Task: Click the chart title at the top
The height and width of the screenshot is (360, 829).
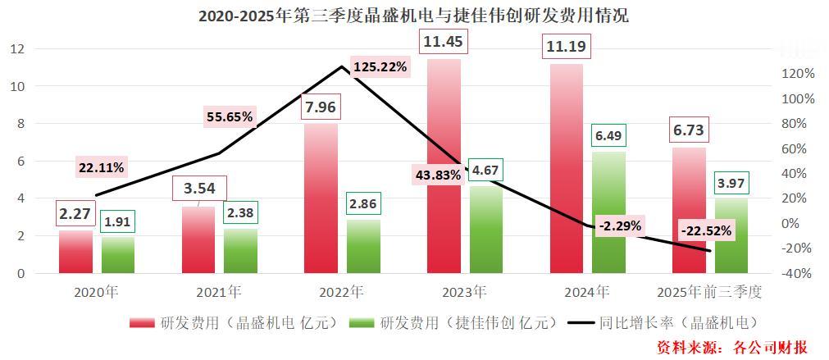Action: pyautogui.click(x=413, y=16)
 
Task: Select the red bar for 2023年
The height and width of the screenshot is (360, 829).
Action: pyautogui.click(x=444, y=164)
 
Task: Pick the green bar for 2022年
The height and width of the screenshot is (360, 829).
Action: pyautogui.click(x=362, y=246)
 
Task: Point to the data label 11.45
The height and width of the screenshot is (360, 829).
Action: pyautogui.click(x=444, y=40)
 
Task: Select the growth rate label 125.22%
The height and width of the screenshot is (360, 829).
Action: pyautogui.click(x=380, y=66)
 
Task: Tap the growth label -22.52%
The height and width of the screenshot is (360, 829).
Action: pyautogui.click(x=706, y=230)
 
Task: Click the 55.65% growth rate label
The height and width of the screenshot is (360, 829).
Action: pyautogui.click(x=229, y=117)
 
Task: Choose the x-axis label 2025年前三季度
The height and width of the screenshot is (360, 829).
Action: pyautogui.click(x=710, y=291)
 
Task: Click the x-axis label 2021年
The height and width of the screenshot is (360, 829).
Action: pyautogui.click(x=219, y=291)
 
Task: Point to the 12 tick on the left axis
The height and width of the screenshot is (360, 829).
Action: pyautogui.click(x=17, y=49)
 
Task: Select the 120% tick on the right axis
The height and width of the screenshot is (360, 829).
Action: pyautogui.click(x=798, y=74)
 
